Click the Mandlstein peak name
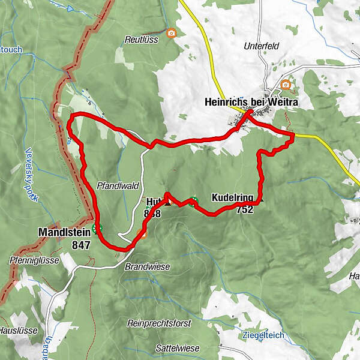[x=64, y=231]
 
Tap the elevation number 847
[x=81, y=244]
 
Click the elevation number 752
[x=244, y=209]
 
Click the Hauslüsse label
[x=19, y=330]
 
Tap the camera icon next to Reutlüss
[x=171, y=33]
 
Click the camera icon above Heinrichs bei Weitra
[x=286, y=85]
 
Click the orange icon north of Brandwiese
[x=142, y=233]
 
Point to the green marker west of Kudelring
[x=193, y=201]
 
